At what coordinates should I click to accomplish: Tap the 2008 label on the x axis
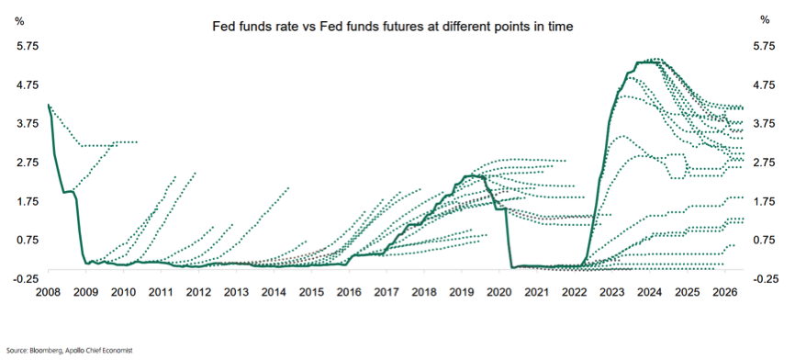[48, 293]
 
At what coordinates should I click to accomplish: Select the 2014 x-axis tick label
[274, 293]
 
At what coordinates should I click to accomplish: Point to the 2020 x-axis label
[498, 293]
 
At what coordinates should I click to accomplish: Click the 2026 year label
[724, 293]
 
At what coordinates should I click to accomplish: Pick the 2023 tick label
[612, 293]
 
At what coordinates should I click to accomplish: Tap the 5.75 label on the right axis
[765, 46]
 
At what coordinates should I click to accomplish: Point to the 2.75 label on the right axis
[765, 163]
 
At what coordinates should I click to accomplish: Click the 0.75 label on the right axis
[765, 240]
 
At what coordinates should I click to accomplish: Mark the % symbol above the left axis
[19, 21]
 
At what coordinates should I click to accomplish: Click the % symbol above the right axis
[765, 20]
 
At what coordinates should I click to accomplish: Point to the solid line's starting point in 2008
[48, 105]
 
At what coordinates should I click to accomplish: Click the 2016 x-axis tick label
[349, 293]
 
